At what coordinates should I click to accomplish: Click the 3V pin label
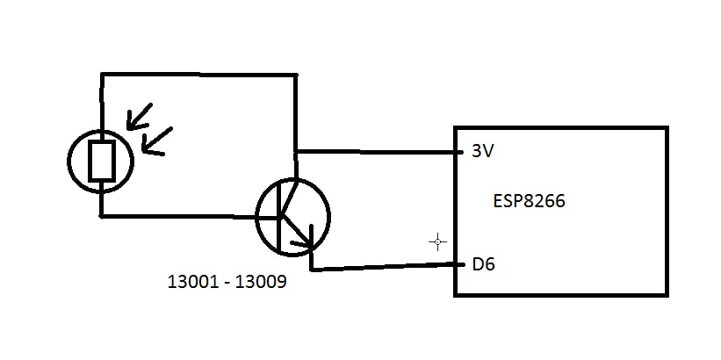click(x=482, y=151)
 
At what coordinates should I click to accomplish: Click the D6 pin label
click(x=482, y=263)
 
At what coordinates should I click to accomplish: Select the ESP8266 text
click(x=530, y=201)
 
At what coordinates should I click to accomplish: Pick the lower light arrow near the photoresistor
click(x=156, y=141)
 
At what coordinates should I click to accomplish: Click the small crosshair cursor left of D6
click(x=437, y=241)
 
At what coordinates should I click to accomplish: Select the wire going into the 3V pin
click(x=378, y=152)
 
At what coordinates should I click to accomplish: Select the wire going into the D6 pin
click(x=386, y=266)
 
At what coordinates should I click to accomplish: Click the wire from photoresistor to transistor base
click(x=176, y=216)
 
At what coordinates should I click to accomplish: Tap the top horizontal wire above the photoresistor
click(x=198, y=75)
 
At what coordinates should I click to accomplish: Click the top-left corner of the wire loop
click(x=102, y=75)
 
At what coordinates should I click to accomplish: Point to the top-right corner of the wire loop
click(x=295, y=76)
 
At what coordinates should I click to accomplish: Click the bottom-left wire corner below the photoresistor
click(x=102, y=215)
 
